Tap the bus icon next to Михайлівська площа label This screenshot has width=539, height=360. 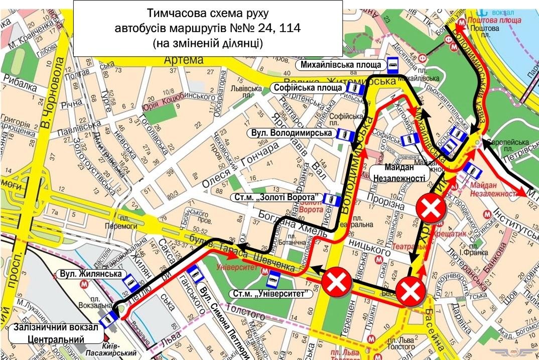coord(393,64)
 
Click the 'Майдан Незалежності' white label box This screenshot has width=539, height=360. coord(399,172)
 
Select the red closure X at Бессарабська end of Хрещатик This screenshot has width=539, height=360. coord(411,290)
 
